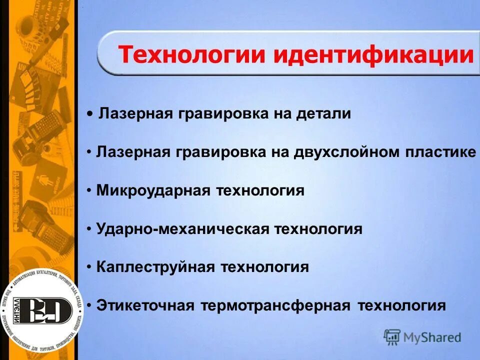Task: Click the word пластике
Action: pos(440,152)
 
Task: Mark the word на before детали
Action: pos(281,114)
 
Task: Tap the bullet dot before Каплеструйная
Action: pos(88,267)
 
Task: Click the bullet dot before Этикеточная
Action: pos(88,305)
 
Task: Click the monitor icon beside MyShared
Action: pos(392,337)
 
